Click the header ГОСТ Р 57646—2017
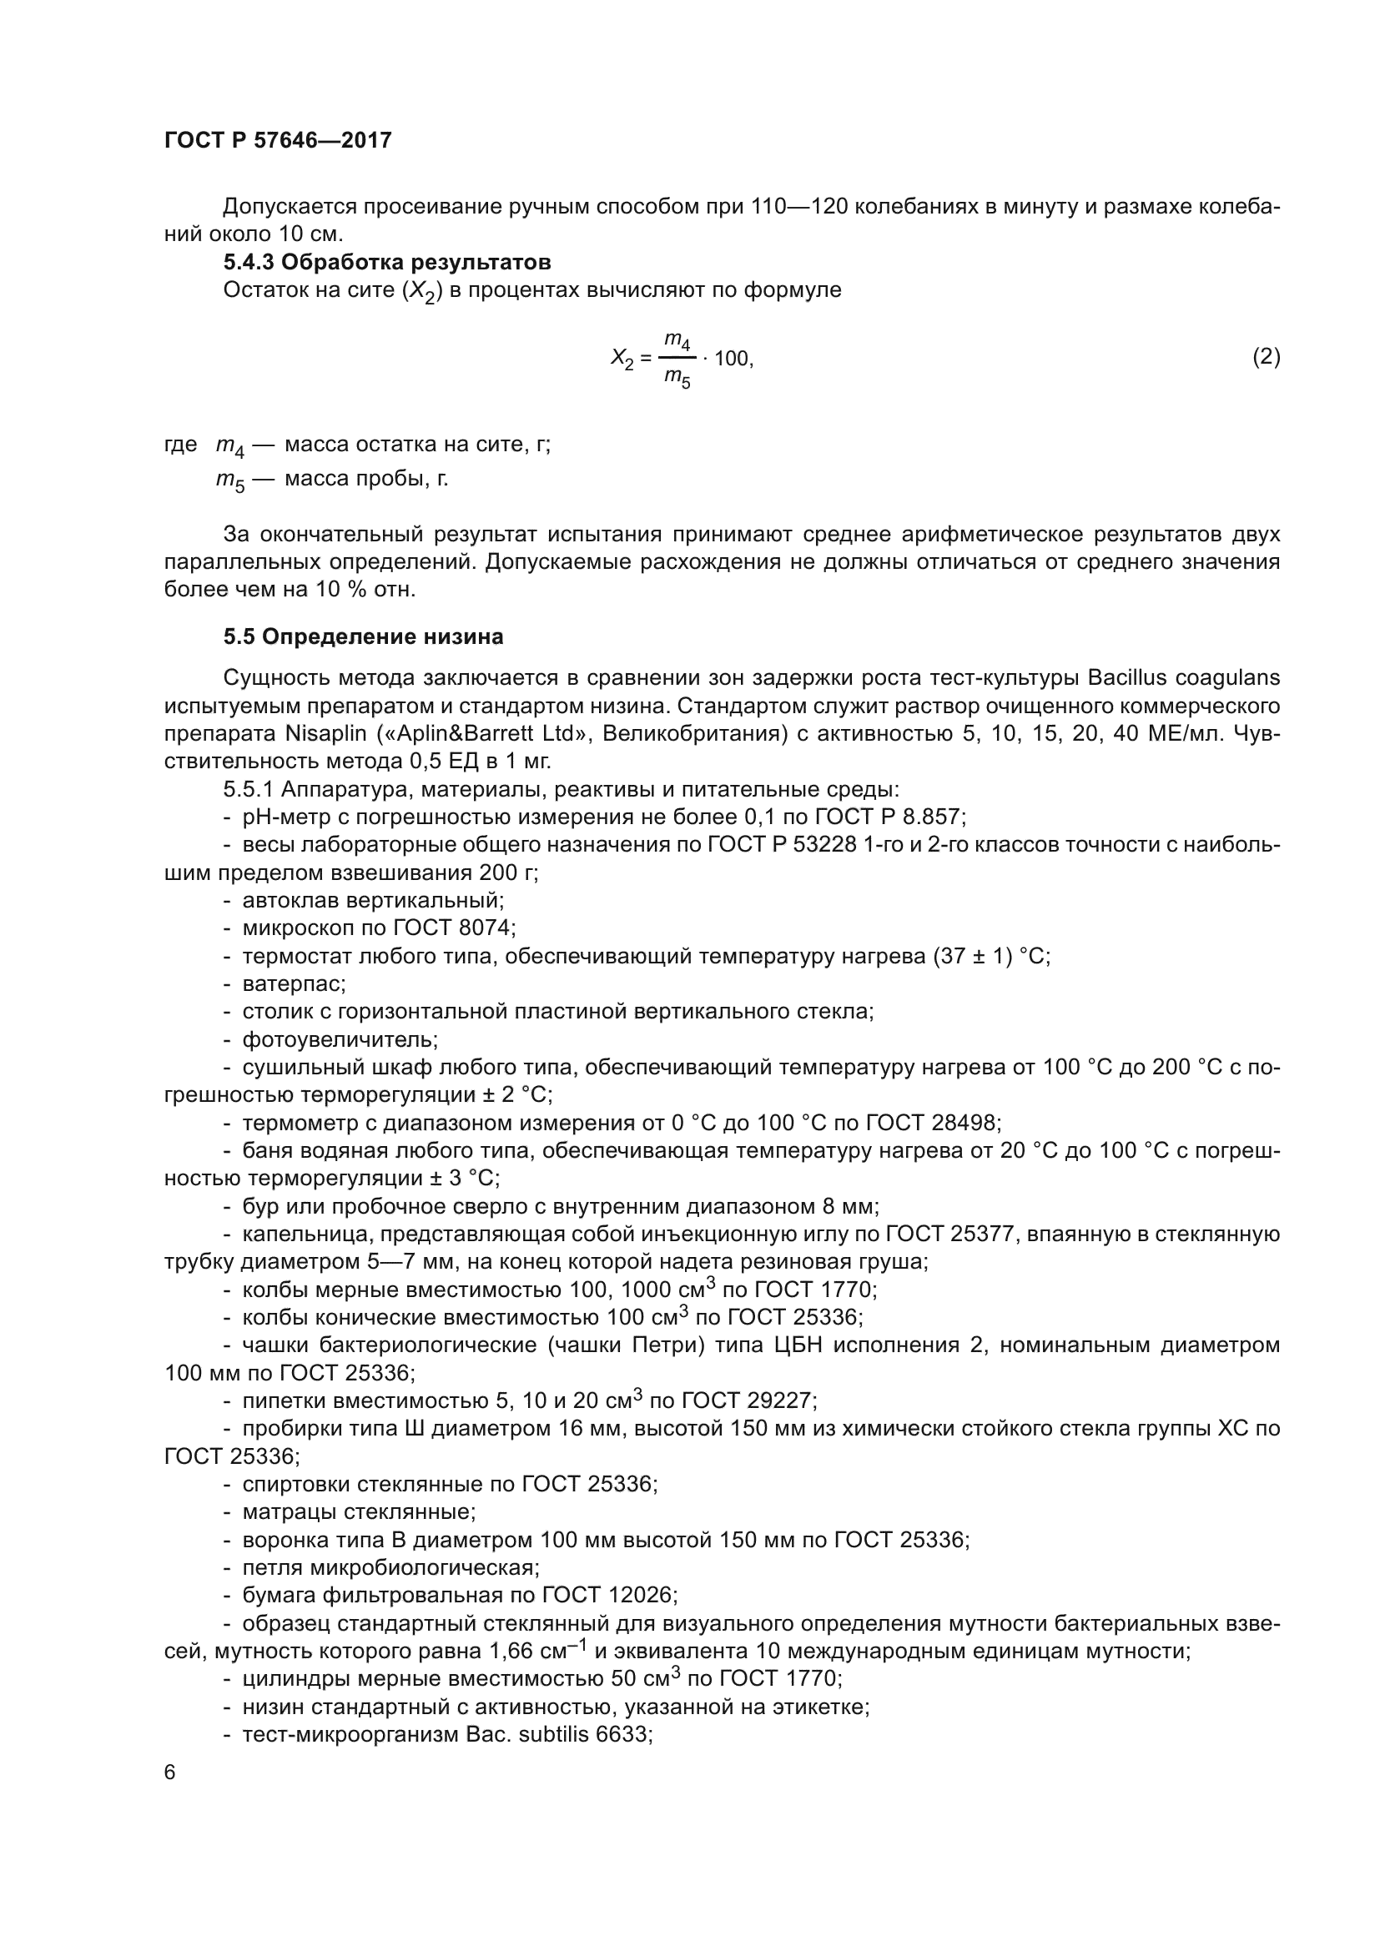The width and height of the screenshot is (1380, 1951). coord(278,140)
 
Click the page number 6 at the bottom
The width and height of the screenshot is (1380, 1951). coord(170,1772)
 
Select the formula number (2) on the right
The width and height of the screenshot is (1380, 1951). coord(1266,357)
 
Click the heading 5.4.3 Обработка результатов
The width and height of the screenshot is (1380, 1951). coord(386,262)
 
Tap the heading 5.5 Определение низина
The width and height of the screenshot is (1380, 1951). coord(364,636)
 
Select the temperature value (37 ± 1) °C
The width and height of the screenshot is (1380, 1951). coord(990,956)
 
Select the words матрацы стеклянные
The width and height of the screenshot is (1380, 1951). coord(358,1511)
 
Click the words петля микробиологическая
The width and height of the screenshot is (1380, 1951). coord(390,1567)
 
